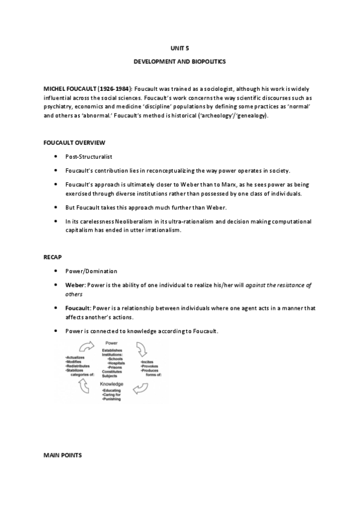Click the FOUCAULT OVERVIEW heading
coord(75,143)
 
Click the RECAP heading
coord(53,257)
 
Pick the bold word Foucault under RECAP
coord(78,308)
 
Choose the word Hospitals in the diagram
coord(117,363)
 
